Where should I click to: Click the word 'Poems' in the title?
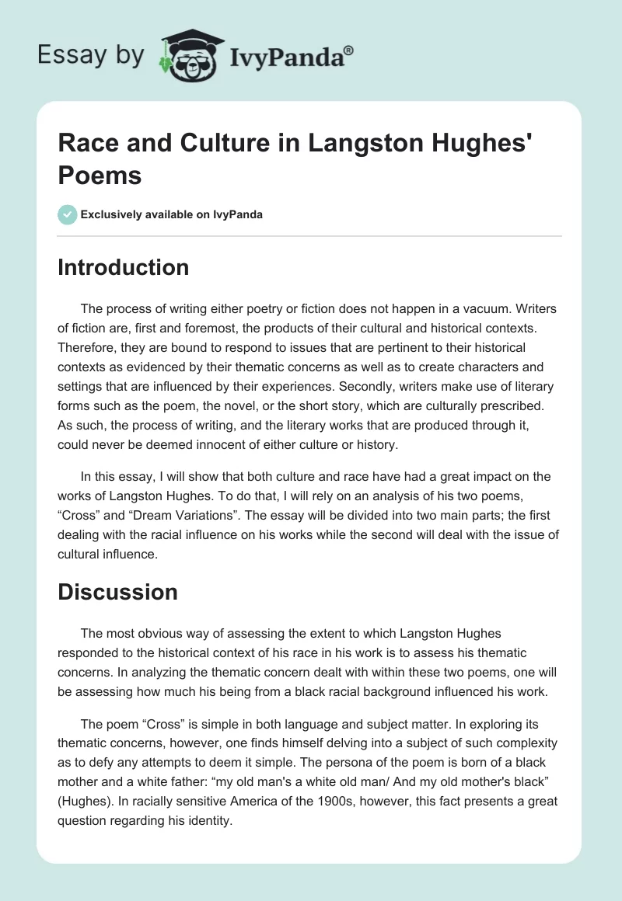click(100, 176)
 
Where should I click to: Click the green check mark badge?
click(68, 214)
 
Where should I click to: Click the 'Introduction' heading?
click(123, 267)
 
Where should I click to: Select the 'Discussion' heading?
click(117, 592)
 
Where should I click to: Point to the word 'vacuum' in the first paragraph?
click(505, 308)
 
